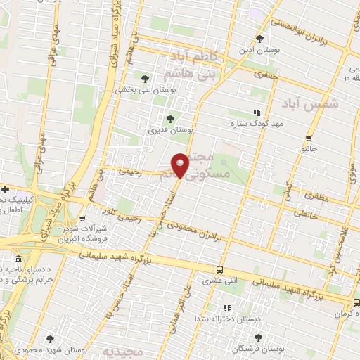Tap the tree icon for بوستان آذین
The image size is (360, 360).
pyautogui.click(x=260, y=39)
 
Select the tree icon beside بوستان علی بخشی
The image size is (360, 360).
pyautogui.click(x=145, y=79)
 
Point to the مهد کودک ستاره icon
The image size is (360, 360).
pyautogui.click(x=257, y=112)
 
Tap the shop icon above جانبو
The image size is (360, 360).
pyautogui.click(x=309, y=138)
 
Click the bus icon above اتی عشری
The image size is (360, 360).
pyautogui.click(x=220, y=269)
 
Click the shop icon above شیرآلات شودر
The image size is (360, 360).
pyautogui.click(x=82, y=218)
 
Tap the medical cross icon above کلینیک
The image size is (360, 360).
pyautogui.click(x=5, y=189)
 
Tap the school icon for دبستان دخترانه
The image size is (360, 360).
pyautogui.click(x=226, y=308)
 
